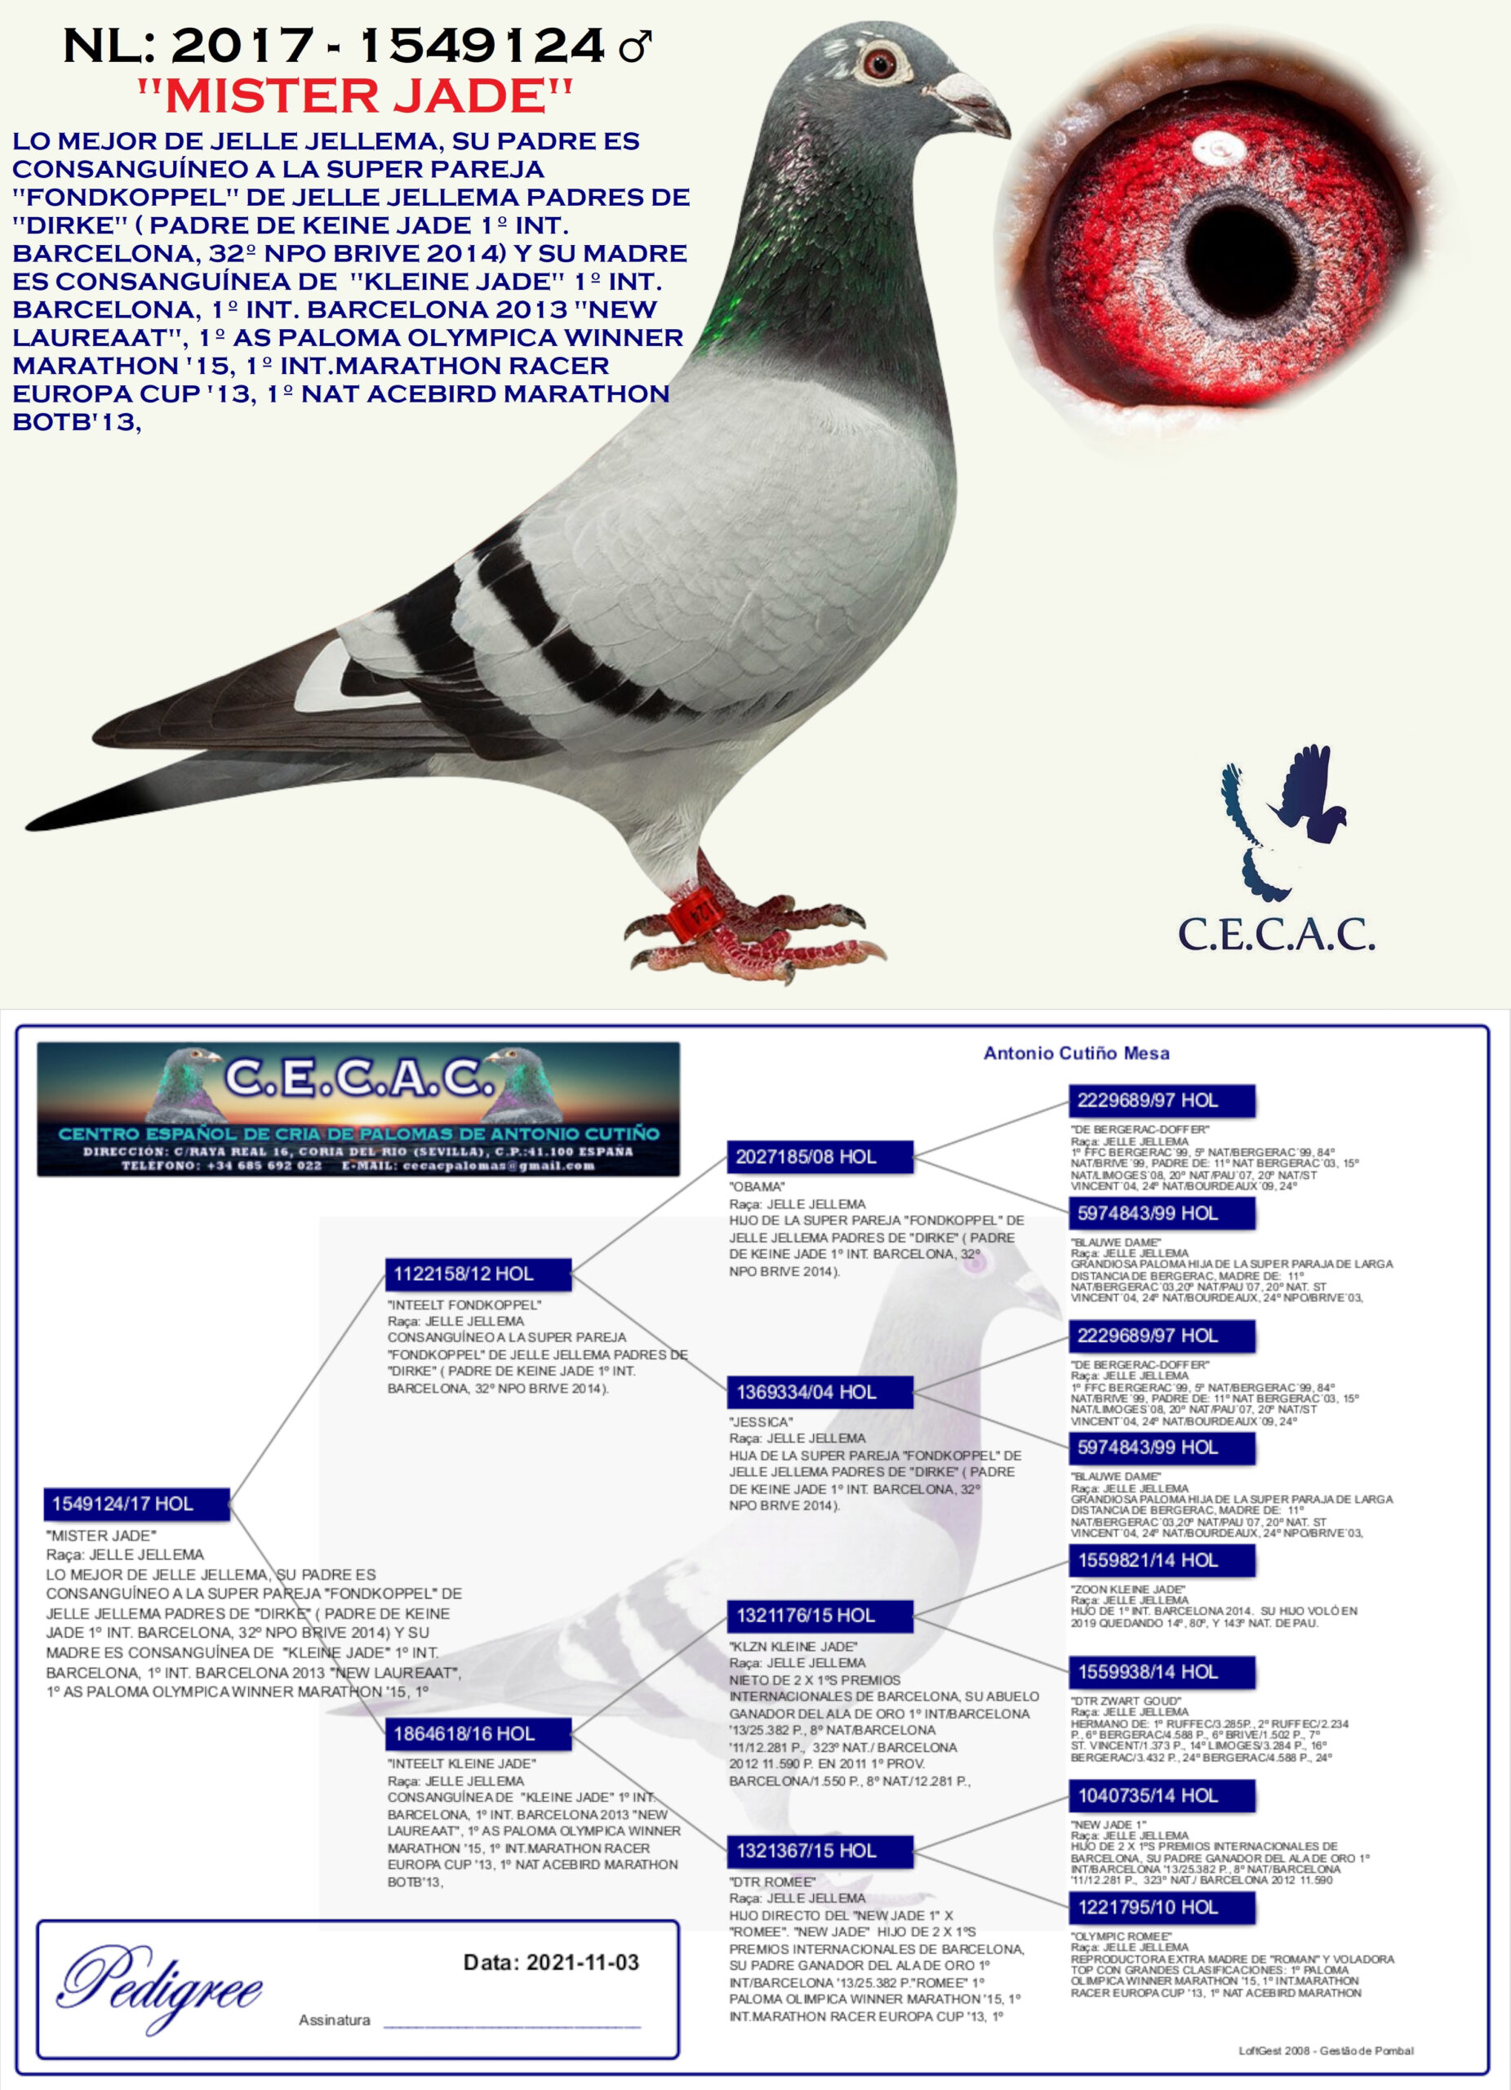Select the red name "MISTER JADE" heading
(x=355, y=96)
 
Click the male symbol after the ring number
(x=635, y=46)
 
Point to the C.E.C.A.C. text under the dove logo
(x=1276, y=935)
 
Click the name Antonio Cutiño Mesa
(x=1076, y=1053)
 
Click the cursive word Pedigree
(x=162, y=1989)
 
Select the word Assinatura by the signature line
(x=335, y=2020)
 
